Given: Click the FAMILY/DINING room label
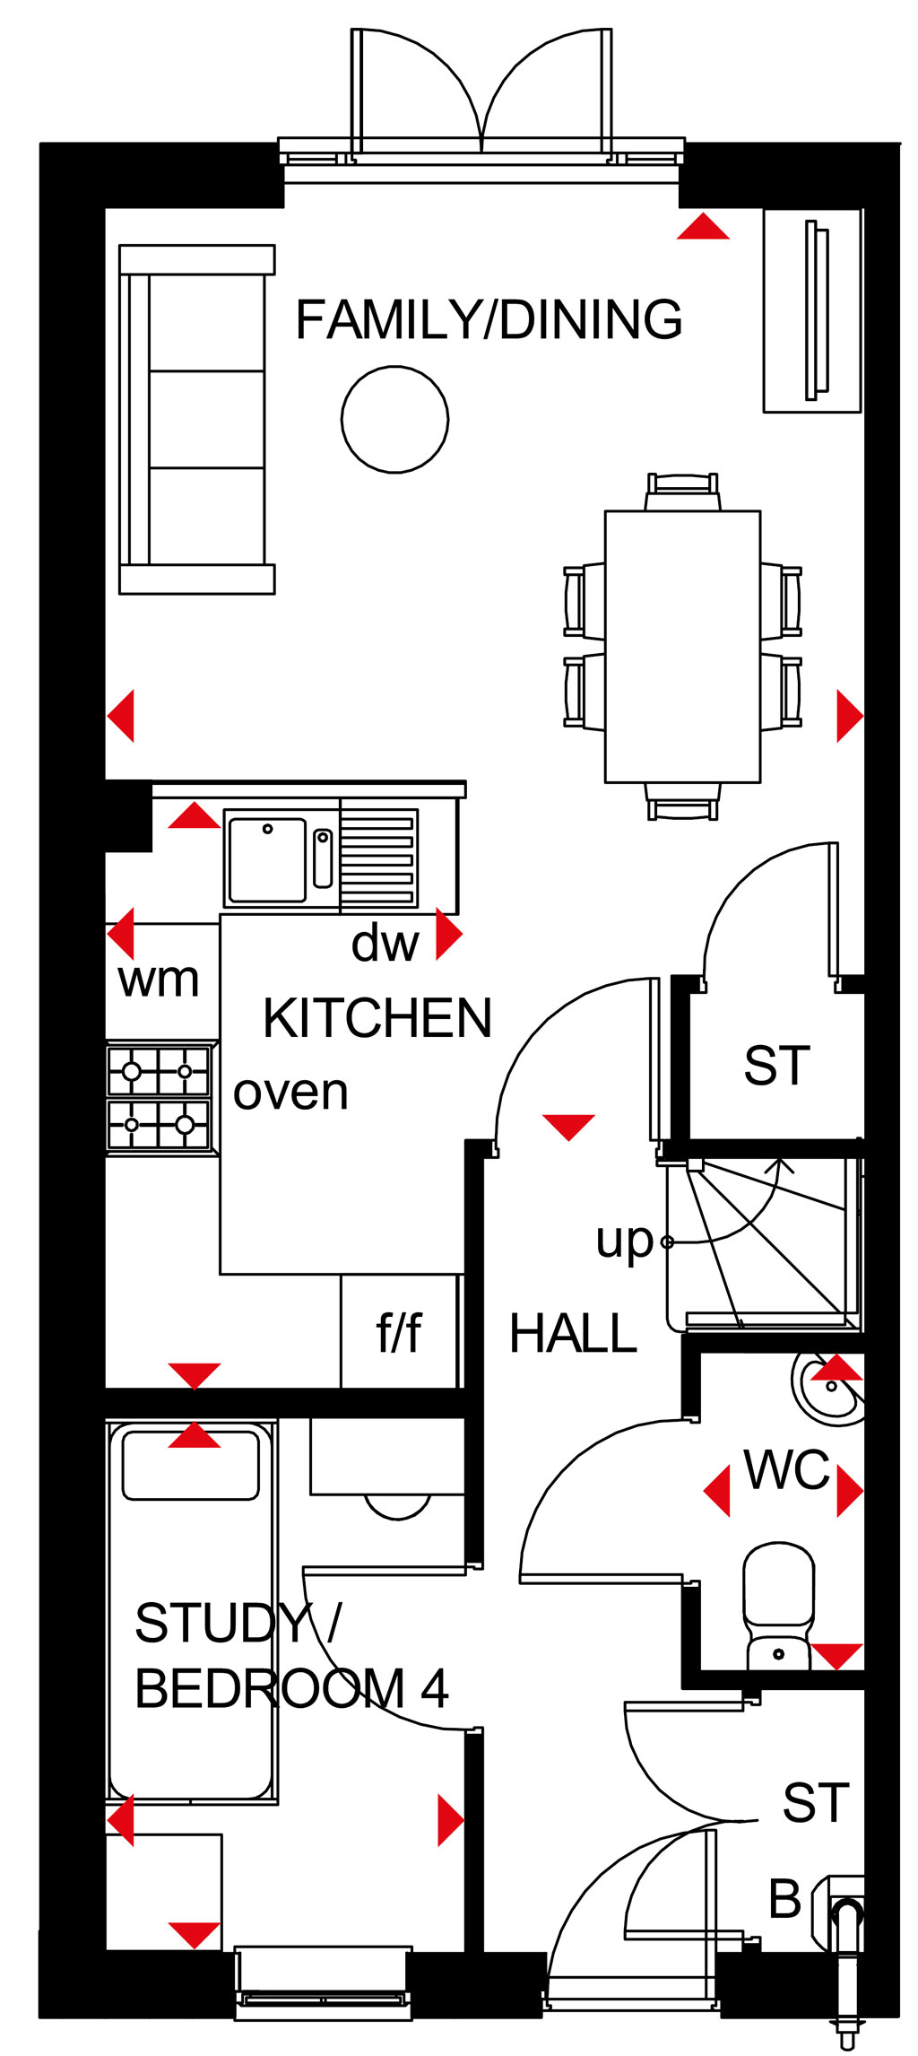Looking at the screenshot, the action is point(489,320).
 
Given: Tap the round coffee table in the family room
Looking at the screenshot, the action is point(394,419).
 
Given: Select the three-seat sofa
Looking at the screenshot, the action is point(197,419).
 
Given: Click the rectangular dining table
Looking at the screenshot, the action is point(683,647).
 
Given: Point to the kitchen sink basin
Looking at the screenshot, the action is point(267,859).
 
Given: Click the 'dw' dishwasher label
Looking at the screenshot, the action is point(385,944).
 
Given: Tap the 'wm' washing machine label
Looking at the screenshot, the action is point(159,980).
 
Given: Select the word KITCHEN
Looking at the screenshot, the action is point(377,1018).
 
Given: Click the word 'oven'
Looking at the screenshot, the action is point(290,1093).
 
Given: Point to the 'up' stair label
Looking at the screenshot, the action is point(625,1242).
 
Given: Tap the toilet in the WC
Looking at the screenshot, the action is point(779,1605).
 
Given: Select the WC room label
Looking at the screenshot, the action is point(786,1470).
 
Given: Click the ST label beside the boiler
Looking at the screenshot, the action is point(816,1802).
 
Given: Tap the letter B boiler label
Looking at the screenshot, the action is point(785,1898).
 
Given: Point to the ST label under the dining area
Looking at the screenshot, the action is point(776,1066).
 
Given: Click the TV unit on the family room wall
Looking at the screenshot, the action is point(812,310).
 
